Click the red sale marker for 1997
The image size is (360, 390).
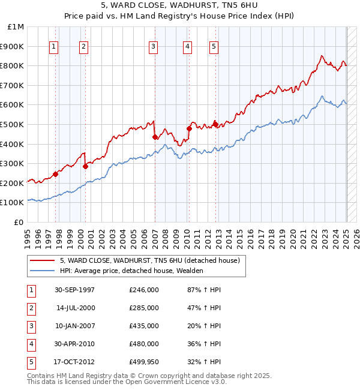[x=55, y=175]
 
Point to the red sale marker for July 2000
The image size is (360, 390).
[x=85, y=167]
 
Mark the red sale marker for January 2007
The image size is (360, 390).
[x=155, y=137]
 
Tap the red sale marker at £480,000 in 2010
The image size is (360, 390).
[x=189, y=128]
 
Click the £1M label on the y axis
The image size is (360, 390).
[x=16, y=27]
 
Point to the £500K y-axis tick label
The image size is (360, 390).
[x=13, y=125]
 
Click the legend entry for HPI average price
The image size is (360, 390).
[x=131, y=271]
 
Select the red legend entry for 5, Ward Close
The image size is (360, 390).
[x=149, y=260]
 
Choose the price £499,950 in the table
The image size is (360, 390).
[x=144, y=362]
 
